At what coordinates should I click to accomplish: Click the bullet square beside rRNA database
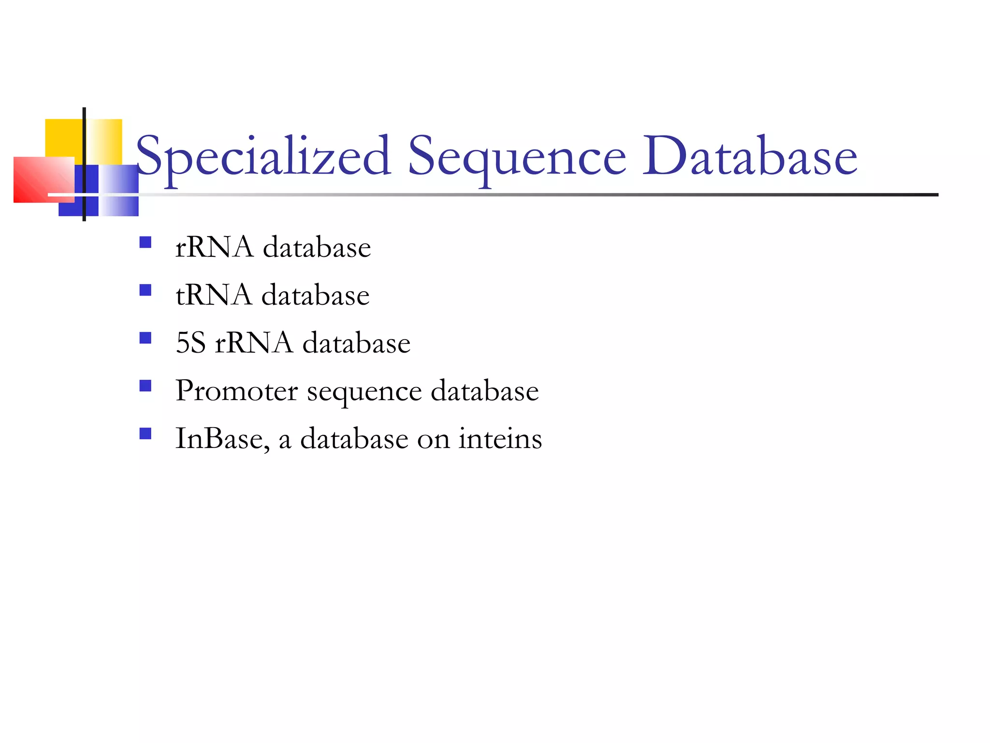[x=145, y=242]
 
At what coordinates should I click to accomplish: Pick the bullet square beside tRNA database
[x=145, y=290]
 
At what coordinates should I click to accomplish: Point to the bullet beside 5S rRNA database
[x=145, y=338]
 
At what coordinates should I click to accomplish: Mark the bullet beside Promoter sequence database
[x=145, y=386]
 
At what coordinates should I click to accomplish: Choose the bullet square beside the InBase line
[x=145, y=433]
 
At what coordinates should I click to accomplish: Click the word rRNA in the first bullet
[x=214, y=247]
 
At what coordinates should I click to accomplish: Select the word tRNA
[x=214, y=295]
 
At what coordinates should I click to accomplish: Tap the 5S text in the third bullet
[x=191, y=343]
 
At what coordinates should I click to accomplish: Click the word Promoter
[x=237, y=390]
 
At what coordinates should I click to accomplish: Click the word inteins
[x=500, y=438]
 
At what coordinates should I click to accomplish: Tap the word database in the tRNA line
[x=316, y=295]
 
